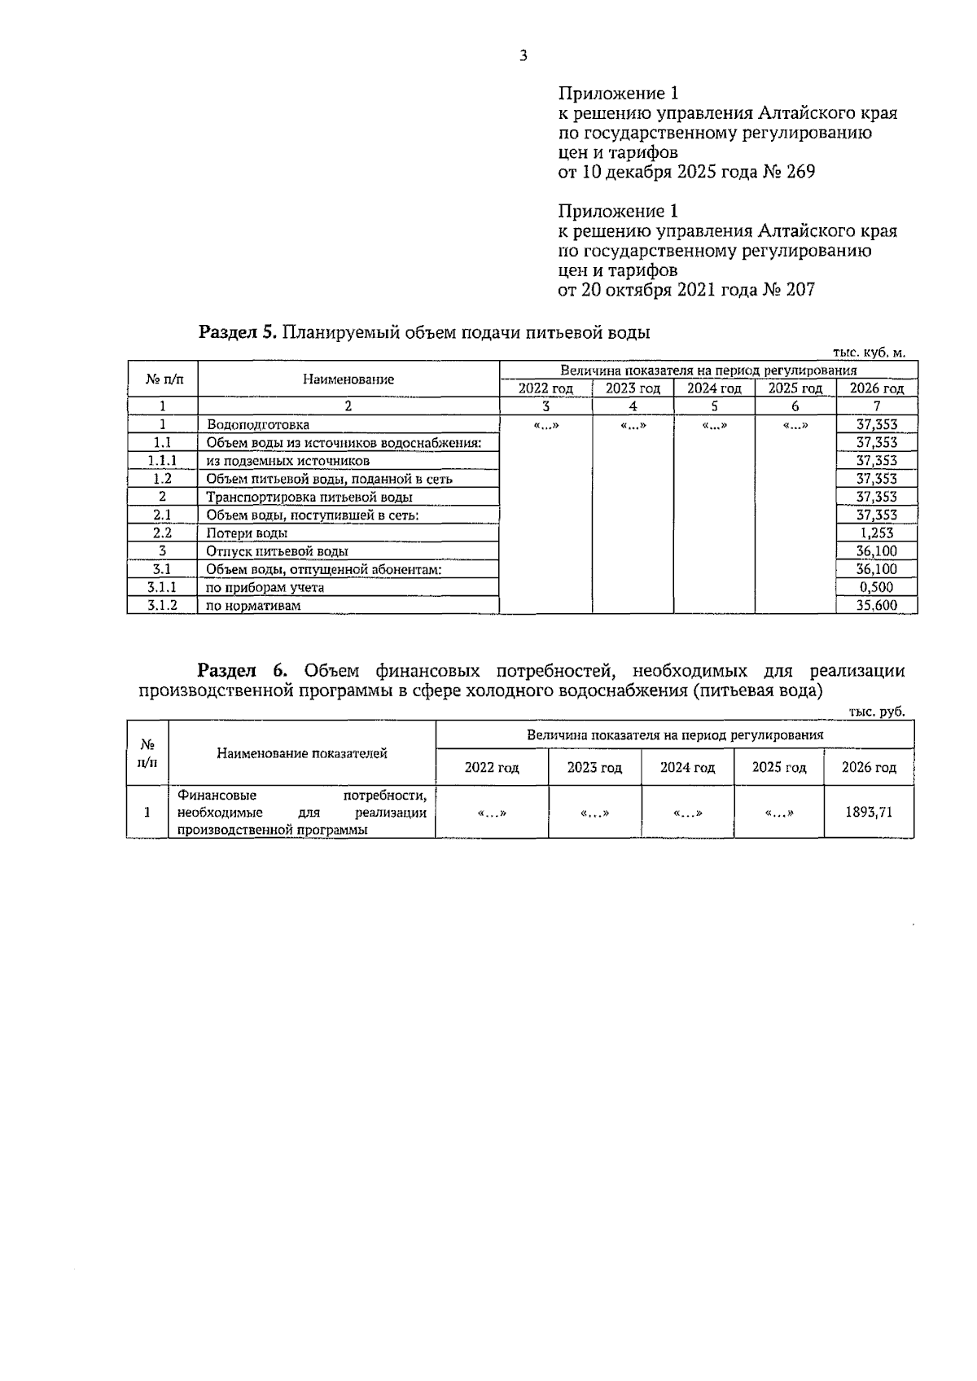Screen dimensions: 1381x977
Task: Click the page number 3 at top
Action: [523, 56]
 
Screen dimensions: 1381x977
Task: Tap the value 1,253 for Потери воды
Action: [876, 533]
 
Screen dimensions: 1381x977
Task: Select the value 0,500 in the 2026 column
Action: [876, 587]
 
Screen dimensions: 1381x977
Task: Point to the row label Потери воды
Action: [246, 533]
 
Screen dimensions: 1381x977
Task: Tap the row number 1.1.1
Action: [162, 461]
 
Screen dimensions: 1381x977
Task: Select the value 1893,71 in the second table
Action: [868, 812]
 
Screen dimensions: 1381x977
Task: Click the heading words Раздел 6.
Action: [243, 671]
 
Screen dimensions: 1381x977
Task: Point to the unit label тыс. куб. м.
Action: [869, 353]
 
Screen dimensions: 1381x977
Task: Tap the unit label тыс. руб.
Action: [877, 712]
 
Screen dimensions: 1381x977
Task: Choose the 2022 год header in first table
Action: [545, 389]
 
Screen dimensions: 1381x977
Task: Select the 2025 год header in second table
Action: [778, 768]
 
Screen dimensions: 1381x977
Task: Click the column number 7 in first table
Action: [876, 406]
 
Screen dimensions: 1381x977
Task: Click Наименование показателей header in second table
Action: [301, 753]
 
